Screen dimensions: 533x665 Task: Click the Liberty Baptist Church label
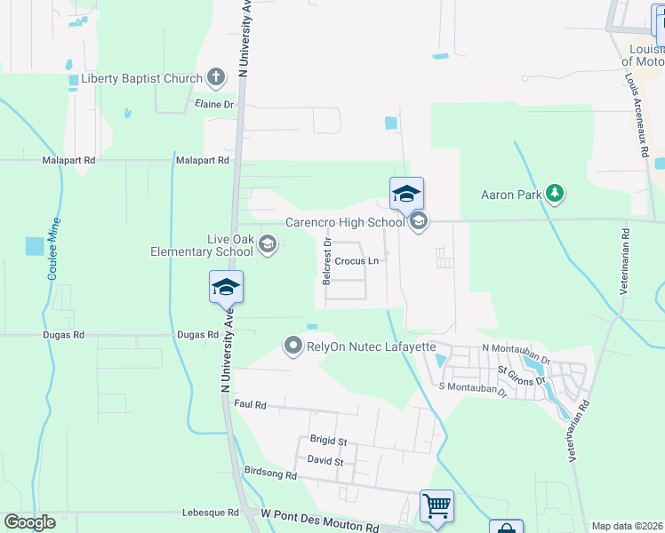click(142, 78)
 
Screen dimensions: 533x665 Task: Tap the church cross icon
click(216, 78)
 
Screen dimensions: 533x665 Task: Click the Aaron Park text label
click(510, 194)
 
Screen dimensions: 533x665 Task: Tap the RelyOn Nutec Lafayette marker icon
click(292, 346)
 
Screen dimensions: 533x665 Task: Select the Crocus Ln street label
click(357, 261)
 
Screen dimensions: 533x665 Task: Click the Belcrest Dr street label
click(328, 260)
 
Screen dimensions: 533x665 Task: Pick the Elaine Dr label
click(213, 104)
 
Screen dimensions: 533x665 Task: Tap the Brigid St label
click(328, 441)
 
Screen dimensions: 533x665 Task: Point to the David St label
click(324, 461)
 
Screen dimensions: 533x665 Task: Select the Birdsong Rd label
click(270, 475)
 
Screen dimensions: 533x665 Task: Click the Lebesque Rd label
click(210, 513)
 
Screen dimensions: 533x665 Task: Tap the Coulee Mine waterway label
click(55, 249)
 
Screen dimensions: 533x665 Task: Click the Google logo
click(29, 522)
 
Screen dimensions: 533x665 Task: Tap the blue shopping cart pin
click(437, 505)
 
